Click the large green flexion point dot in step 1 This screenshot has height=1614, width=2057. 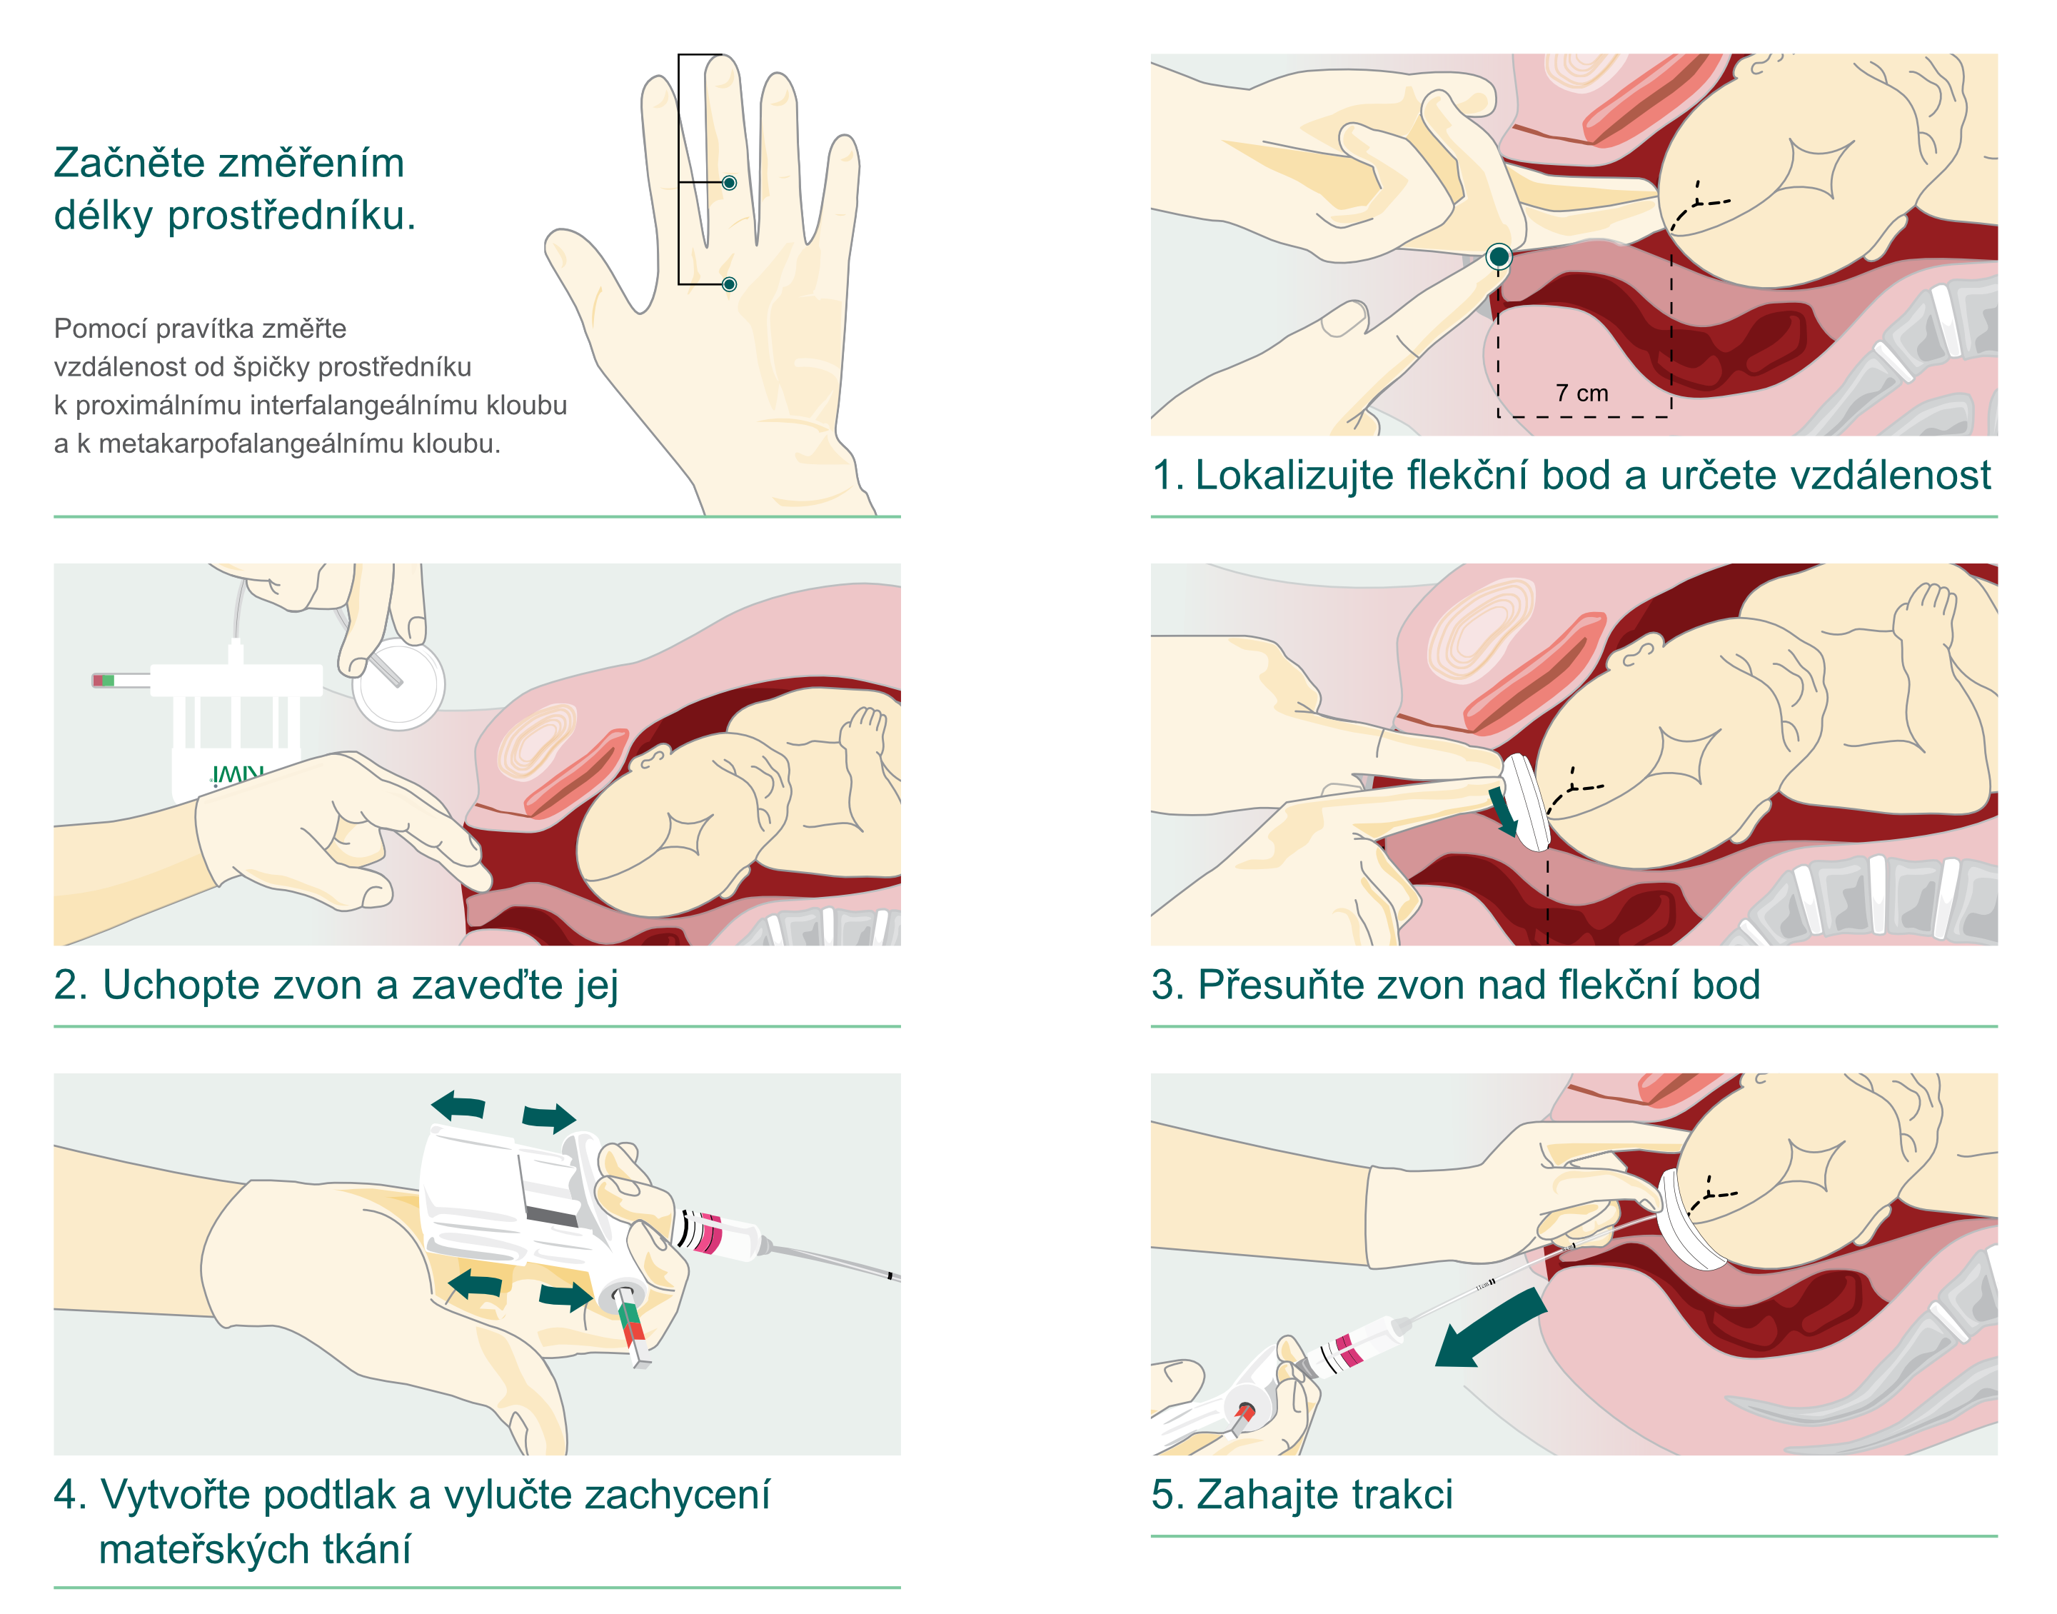[1499, 256]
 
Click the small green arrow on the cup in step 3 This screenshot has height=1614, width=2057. [1503, 813]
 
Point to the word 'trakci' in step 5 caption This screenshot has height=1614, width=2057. [1402, 1495]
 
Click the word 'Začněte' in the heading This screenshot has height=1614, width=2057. [129, 164]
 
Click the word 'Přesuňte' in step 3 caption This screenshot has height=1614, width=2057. [1282, 986]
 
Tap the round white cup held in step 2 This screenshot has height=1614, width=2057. [398, 685]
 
